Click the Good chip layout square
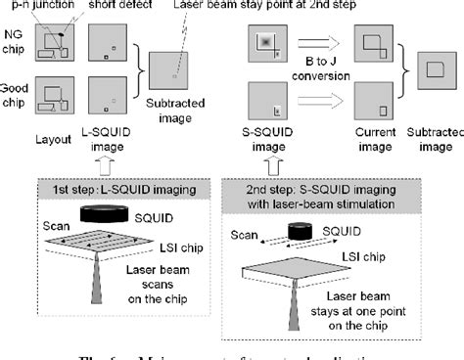(x=54, y=104)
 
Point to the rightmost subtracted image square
(x=430, y=70)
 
